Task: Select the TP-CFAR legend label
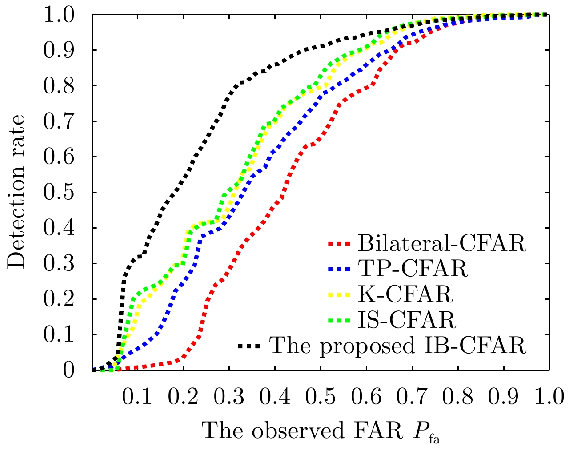pos(413,269)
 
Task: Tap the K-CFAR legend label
pos(405,294)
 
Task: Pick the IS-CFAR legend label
pos(406,319)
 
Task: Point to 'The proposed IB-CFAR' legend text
pos(398,345)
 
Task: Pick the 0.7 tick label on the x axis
pos(412,397)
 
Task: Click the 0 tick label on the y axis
pos(69,370)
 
